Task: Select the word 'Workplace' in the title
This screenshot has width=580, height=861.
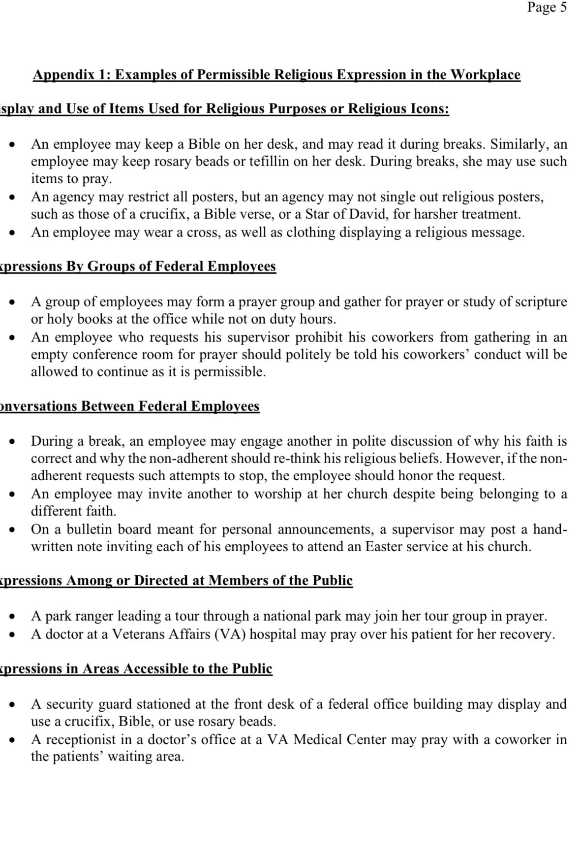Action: pos(485,75)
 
